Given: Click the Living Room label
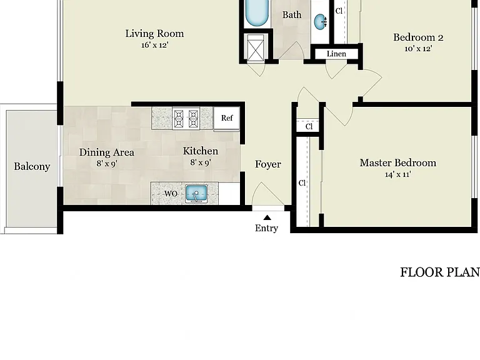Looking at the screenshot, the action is click(154, 33).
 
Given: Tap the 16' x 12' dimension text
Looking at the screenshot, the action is click(155, 45).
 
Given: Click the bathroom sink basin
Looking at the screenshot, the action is click(321, 21).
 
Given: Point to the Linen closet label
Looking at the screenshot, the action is click(336, 54).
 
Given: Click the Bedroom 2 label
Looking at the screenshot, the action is click(418, 37).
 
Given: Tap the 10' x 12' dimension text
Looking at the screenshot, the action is click(419, 49).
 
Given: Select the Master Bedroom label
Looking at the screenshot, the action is click(398, 163).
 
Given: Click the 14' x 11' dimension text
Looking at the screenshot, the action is click(398, 174).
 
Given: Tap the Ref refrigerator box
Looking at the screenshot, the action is click(226, 118).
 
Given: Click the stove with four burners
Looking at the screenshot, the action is click(186, 119).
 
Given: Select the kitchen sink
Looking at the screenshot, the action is click(196, 194).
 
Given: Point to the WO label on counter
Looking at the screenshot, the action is click(171, 194).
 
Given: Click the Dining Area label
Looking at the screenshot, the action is click(107, 152).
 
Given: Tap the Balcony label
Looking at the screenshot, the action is click(32, 166).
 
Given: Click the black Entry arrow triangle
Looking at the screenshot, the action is click(267, 217).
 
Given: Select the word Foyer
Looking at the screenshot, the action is click(268, 164).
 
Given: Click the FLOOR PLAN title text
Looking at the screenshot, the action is click(440, 272).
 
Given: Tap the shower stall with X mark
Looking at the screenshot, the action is click(255, 47).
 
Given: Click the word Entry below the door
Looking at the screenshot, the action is click(267, 228).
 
